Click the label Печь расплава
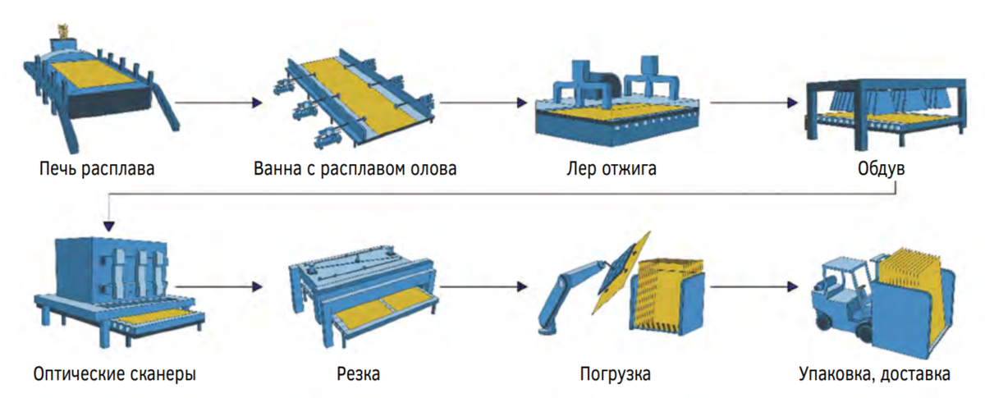[x=96, y=170]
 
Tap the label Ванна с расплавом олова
[x=355, y=170]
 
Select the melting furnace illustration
[x=98, y=82]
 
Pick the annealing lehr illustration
[x=617, y=103]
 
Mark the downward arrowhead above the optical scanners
[x=109, y=225]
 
